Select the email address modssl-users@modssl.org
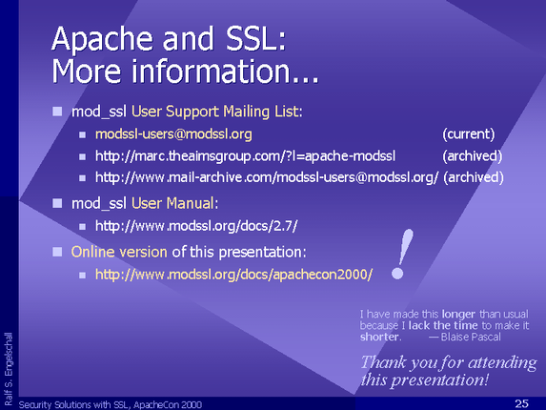coord(173,134)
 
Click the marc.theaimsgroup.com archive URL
coord(246,156)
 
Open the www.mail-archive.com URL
coord(267,177)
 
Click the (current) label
coord(469,134)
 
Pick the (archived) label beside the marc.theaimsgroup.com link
coord(473,156)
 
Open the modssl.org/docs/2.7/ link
coord(196,226)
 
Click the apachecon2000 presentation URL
coord(234,275)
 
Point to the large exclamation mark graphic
coord(402,255)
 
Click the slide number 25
coord(521,403)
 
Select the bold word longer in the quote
coord(458,315)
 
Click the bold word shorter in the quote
coord(379,337)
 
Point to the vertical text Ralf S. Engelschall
coord(9,369)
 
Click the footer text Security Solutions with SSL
coord(74,405)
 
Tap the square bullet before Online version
coord(57,252)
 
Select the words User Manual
coord(172,203)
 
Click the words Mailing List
coord(261,112)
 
